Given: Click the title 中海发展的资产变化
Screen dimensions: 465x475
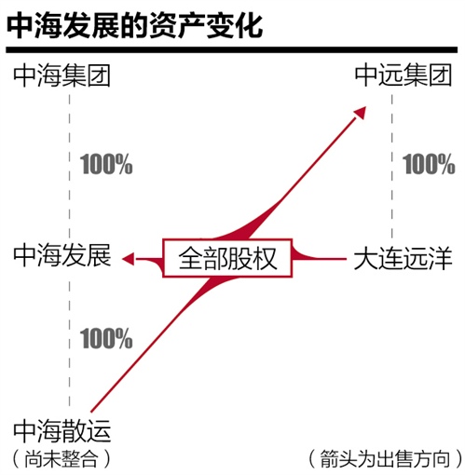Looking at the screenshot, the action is pyautogui.click(x=134, y=25).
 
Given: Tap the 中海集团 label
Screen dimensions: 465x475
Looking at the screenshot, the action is pyautogui.click(x=62, y=75).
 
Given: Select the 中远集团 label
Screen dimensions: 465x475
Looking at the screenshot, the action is pyautogui.click(x=403, y=75).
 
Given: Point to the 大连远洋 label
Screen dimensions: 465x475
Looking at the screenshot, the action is pyautogui.click(x=403, y=258).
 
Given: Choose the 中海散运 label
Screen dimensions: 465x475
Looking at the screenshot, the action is pyautogui.click(x=62, y=430).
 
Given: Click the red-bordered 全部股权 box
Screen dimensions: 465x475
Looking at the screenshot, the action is pyautogui.click(x=227, y=258).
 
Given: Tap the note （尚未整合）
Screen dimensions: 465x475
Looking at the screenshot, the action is pyautogui.click(x=62, y=458).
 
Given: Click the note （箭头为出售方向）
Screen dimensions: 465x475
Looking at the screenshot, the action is pyautogui.click(x=386, y=458).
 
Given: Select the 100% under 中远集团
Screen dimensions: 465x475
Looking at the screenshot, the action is pyautogui.click(x=429, y=164).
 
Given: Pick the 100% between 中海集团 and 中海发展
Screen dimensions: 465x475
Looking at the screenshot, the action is pyautogui.click(x=106, y=164).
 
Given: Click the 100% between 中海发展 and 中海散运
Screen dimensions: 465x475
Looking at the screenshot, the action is pyautogui.click(x=106, y=338).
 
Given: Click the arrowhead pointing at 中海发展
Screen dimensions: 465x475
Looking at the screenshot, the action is pyautogui.click(x=129, y=259).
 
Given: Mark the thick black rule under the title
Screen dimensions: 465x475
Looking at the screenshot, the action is pyautogui.click(x=232, y=49).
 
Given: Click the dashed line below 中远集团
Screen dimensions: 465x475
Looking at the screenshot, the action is pyautogui.click(x=392, y=166).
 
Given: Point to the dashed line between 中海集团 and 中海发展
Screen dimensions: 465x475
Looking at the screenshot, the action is pyautogui.click(x=69, y=166).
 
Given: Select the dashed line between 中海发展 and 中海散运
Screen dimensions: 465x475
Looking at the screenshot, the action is pyautogui.click(x=69, y=343).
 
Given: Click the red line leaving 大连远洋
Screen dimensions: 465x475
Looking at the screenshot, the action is pyautogui.click(x=320, y=258).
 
